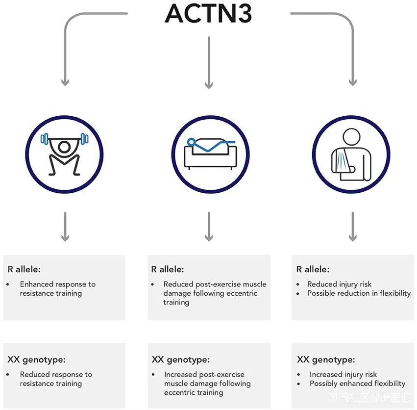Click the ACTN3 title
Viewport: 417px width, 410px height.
point(208,13)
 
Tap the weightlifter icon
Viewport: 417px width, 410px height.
point(64,154)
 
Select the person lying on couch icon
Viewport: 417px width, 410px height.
point(210,154)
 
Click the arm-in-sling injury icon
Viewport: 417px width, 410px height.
point(351,154)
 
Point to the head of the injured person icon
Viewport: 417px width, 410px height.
point(351,137)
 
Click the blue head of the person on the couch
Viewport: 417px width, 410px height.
point(191,142)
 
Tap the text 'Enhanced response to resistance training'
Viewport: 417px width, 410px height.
point(58,288)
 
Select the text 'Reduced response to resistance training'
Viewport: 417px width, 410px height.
point(56,379)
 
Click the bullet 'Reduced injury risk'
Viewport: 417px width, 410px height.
point(339,284)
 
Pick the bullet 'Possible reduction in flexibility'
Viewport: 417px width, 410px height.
point(359,293)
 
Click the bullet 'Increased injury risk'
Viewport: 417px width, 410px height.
point(343,374)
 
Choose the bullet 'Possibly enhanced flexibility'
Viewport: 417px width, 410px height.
point(357,384)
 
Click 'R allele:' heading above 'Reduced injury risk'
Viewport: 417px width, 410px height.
point(313,269)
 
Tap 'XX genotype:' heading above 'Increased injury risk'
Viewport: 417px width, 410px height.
point(326,359)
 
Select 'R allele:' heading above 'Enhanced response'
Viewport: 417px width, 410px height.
point(24,269)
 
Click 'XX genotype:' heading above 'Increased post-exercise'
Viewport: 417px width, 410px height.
point(181,359)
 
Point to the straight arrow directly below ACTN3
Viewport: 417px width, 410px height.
point(209,63)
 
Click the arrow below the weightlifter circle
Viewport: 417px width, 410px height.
point(65,227)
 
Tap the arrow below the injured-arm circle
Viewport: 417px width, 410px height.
point(353,227)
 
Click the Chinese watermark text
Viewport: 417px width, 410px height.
point(369,398)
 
